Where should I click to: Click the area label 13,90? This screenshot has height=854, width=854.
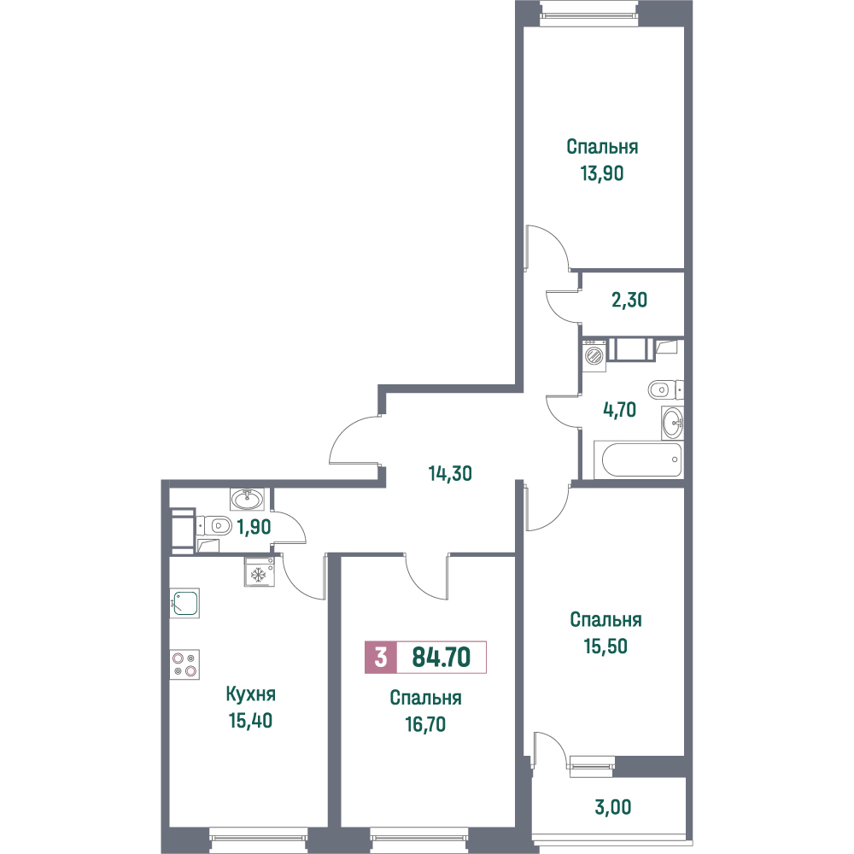tap(602, 173)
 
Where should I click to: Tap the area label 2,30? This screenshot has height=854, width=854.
tap(629, 300)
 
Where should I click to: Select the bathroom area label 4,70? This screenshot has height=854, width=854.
tap(620, 410)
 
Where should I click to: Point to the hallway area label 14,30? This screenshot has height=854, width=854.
tap(450, 474)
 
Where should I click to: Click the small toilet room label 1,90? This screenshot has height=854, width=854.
tap(254, 527)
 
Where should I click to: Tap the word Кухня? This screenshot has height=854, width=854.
tap(250, 693)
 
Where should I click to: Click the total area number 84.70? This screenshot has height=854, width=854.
tap(442, 657)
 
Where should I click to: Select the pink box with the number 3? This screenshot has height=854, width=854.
tap(381, 657)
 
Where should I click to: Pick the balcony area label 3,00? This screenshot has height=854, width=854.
tap(613, 807)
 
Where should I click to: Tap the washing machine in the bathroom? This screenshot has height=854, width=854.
tap(594, 355)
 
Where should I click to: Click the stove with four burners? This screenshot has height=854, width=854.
tap(184, 664)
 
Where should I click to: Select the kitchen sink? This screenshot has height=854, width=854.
tap(184, 603)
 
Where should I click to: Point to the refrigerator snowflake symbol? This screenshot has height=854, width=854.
tap(258, 574)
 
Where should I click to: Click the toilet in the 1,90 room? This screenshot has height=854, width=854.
tap(214, 526)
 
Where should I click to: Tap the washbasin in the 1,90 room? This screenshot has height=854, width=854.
tap(248, 499)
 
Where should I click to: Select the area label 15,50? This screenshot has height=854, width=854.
tap(605, 646)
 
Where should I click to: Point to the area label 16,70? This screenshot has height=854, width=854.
tap(425, 724)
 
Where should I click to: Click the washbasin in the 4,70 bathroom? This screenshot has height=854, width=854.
tap(673, 422)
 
